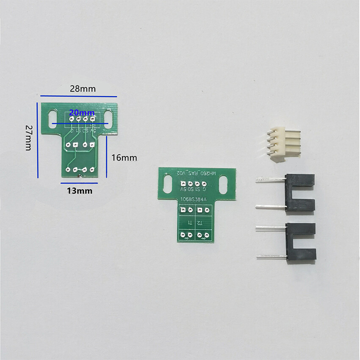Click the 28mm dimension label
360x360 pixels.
point(83,89)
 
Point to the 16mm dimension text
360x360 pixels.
point(124,158)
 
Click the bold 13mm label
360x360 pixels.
point(79,191)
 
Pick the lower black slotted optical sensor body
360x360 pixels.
point(301,241)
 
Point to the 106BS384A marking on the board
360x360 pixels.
point(194,199)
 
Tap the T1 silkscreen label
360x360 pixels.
point(190,222)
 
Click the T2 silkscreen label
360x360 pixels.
point(199,222)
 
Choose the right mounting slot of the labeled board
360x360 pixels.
point(224,185)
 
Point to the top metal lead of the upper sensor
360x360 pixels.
point(271,180)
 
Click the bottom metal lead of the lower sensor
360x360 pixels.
point(271,256)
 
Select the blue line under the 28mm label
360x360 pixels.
point(79,96)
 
